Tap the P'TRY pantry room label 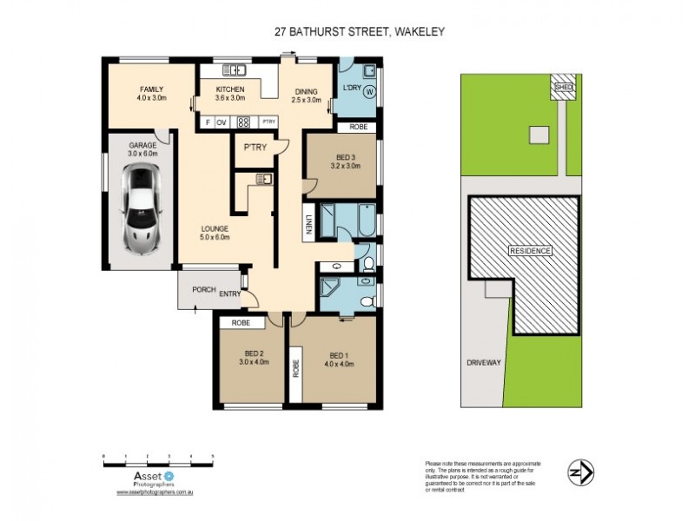pyautogui.click(x=254, y=147)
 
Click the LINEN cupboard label pyautogui.click(x=308, y=223)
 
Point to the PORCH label pyautogui.click(x=203, y=289)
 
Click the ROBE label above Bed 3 pyautogui.click(x=358, y=127)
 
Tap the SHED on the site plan pyautogui.click(x=565, y=86)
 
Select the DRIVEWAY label pyautogui.click(x=484, y=363)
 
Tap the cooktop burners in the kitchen pyautogui.click(x=244, y=122)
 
